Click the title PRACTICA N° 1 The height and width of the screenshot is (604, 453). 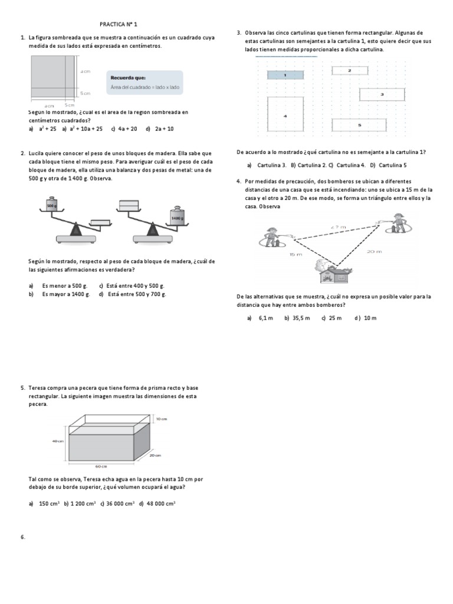click(x=118, y=25)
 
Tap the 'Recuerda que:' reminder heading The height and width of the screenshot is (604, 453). click(x=128, y=78)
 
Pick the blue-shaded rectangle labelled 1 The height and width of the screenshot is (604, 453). click(x=285, y=75)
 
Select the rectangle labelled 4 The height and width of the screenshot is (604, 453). click(x=285, y=116)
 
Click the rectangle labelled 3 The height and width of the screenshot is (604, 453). click(x=382, y=94)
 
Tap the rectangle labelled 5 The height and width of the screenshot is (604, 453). click(x=359, y=125)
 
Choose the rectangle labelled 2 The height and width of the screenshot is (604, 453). click(x=349, y=70)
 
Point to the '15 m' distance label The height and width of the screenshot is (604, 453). click(x=296, y=254)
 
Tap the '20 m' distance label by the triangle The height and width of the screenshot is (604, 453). click(x=374, y=251)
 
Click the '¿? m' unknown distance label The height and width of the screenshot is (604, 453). click(x=337, y=226)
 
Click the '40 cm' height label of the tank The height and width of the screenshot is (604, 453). click(x=57, y=441)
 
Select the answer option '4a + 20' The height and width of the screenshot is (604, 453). click(x=127, y=128)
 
